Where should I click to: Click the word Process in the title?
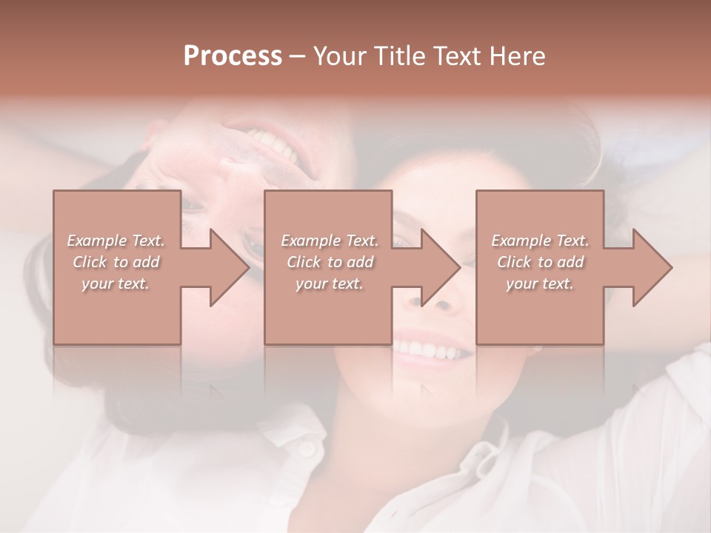233,56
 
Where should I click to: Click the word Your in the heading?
338,56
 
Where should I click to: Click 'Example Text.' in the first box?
116,241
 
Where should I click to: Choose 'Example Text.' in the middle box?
329,241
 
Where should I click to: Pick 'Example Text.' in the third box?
540,241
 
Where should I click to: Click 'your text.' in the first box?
116,284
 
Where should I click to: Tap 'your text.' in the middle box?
329,284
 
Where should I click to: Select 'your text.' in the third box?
540,284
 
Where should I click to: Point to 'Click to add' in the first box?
116,262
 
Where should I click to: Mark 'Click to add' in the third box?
540,262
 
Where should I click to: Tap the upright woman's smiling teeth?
432,348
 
